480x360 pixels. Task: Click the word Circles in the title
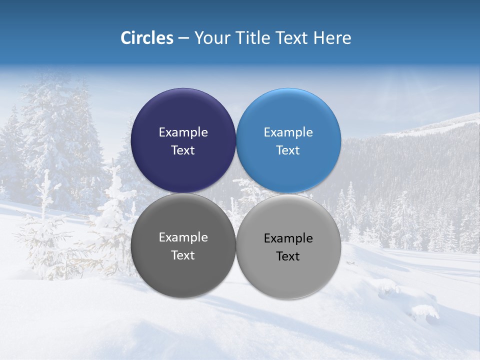(x=146, y=38)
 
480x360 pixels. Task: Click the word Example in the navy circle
(x=183, y=132)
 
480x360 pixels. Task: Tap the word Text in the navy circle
(x=183, y=150)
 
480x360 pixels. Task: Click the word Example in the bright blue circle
(x=288, y=132)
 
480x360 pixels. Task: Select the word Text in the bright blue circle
(x=288, y=150)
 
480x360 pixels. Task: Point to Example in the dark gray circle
(x=183, y=237)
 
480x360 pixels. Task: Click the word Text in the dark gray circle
(x=183, y=255)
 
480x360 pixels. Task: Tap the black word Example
(x=288, y=238)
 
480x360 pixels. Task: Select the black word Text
(x=288, y=256)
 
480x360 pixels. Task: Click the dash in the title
(x=183, y=38)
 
